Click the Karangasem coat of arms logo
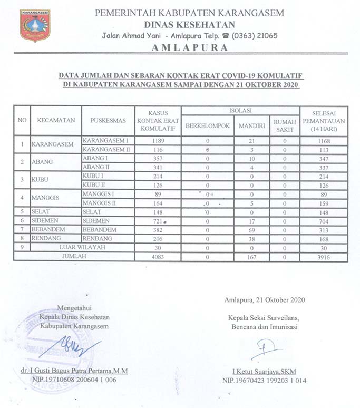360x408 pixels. [35, 25]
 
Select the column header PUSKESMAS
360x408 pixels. [108, 120]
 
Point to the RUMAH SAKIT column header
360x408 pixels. [285, 125]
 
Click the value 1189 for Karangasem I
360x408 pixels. [158, 140]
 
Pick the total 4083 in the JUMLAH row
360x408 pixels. [158, 256]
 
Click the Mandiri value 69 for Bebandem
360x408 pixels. [251, 229]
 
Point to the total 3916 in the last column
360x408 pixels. [324, 256]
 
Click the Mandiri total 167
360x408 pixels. [251, 256]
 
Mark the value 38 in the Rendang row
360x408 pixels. [251, 238]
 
